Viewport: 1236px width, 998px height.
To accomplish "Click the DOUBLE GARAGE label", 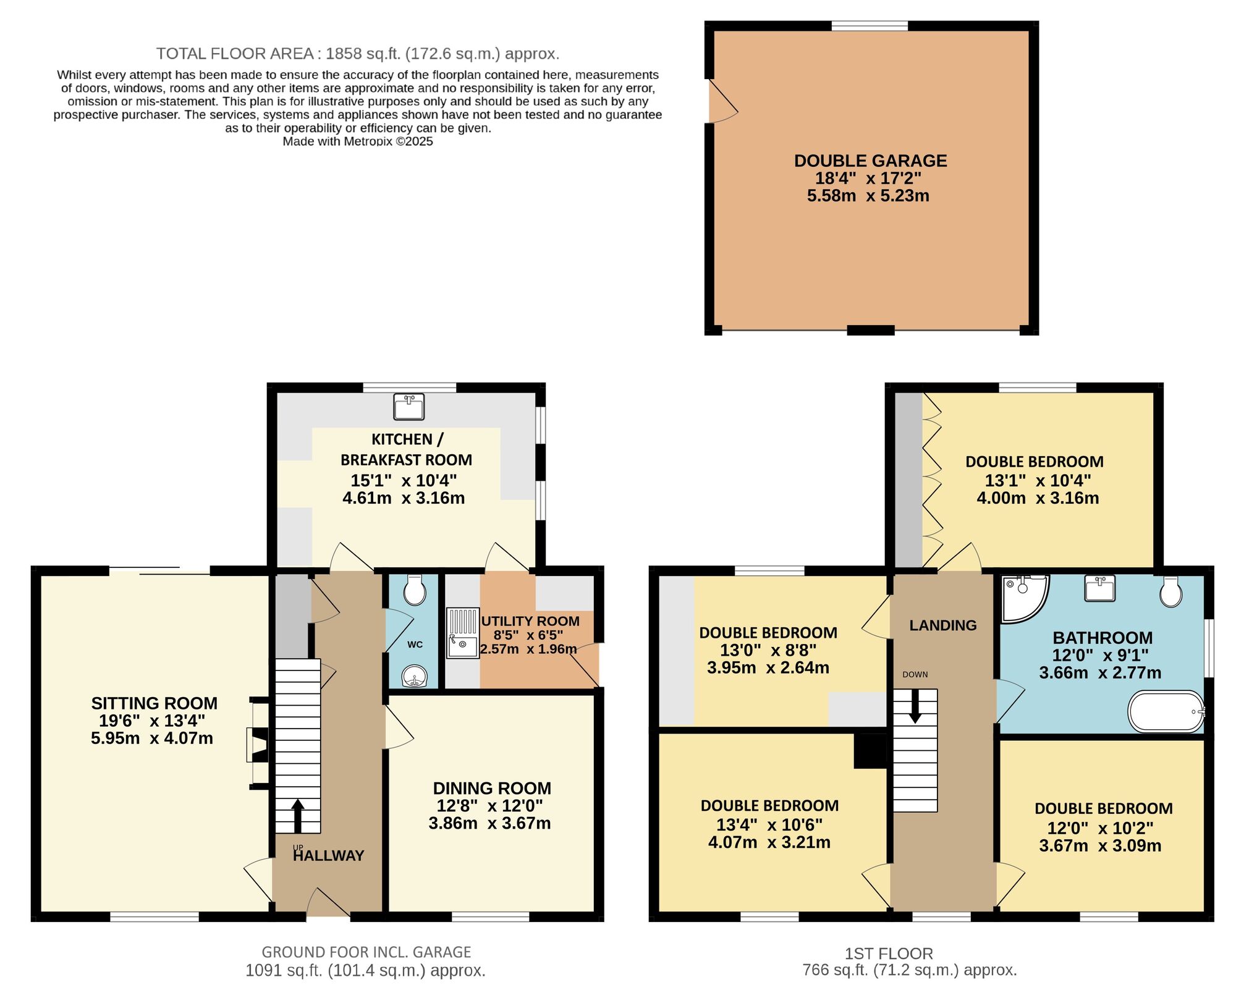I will click(x=870, y=161).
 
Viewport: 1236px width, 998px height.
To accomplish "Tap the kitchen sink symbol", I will click(x=408, y=406).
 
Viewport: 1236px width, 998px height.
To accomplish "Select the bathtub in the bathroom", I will click(x=1166, y=712).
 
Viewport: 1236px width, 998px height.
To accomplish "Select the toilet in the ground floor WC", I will click(x=414, y=590).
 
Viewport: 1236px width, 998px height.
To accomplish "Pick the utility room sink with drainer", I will click(x=462, y=633).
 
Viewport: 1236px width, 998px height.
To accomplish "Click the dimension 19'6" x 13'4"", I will click(x=152, y=721).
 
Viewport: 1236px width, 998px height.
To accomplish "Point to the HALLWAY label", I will click(x=328, y=856).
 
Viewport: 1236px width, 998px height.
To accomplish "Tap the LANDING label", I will click(x=942, y=625).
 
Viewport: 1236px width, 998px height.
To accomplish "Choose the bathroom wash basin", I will click(x=1099, y=588).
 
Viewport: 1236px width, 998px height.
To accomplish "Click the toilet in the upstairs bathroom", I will click(x=1170, y=591).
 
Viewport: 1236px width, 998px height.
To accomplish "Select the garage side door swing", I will click(x=722, y=102).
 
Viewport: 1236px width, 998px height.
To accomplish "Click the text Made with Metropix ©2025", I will click(x=357, y=142).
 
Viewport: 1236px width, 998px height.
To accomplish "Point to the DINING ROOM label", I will click(x=492, y=789).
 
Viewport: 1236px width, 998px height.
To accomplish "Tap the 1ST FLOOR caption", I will click(x=889, y=954).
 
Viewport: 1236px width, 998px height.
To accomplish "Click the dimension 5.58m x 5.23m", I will click(x=868, y=196).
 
